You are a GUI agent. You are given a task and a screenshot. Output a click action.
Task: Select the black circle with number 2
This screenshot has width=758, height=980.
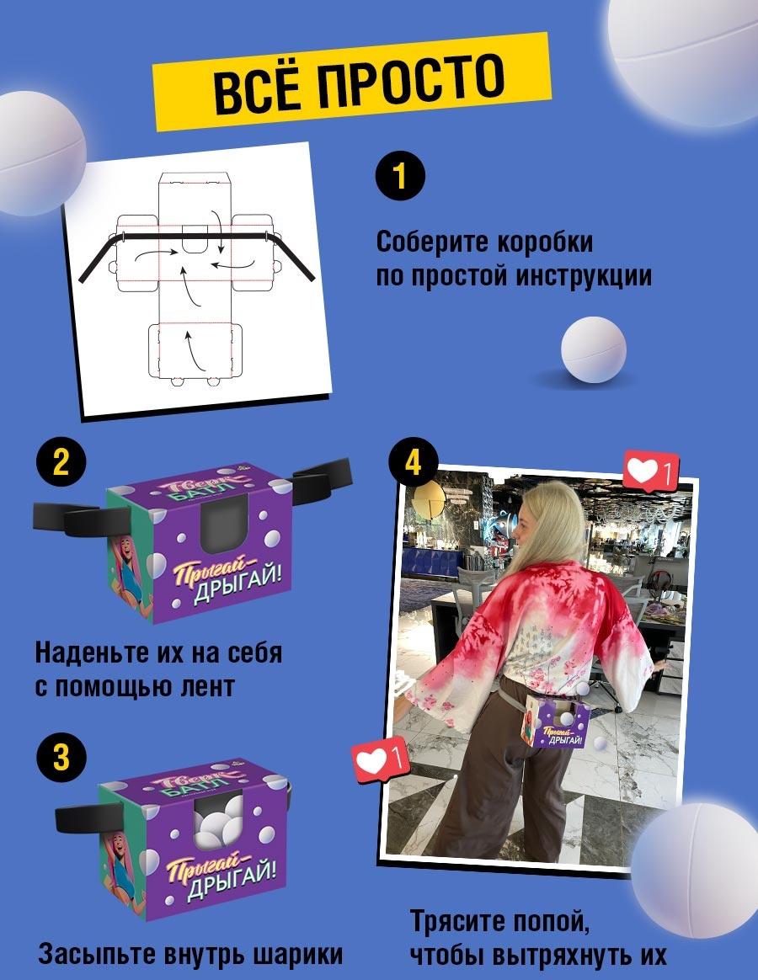pyautogui.click(x=61, y=462)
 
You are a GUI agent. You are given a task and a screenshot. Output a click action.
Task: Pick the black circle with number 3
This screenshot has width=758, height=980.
pyautogui.click(x=61, y=756)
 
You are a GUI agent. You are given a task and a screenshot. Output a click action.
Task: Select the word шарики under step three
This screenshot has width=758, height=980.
pyautogui.click(x=298, y=955)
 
